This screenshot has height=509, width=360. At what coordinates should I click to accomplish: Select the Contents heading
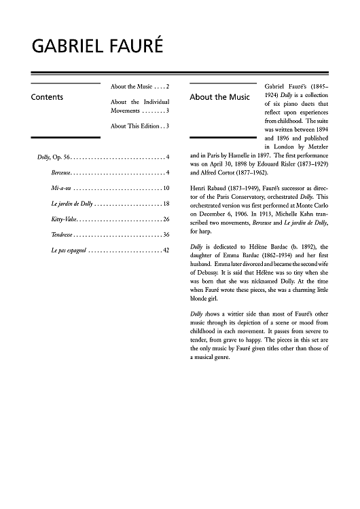click(48, 97)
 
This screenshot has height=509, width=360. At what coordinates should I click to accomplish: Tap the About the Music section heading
click(219, 97)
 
